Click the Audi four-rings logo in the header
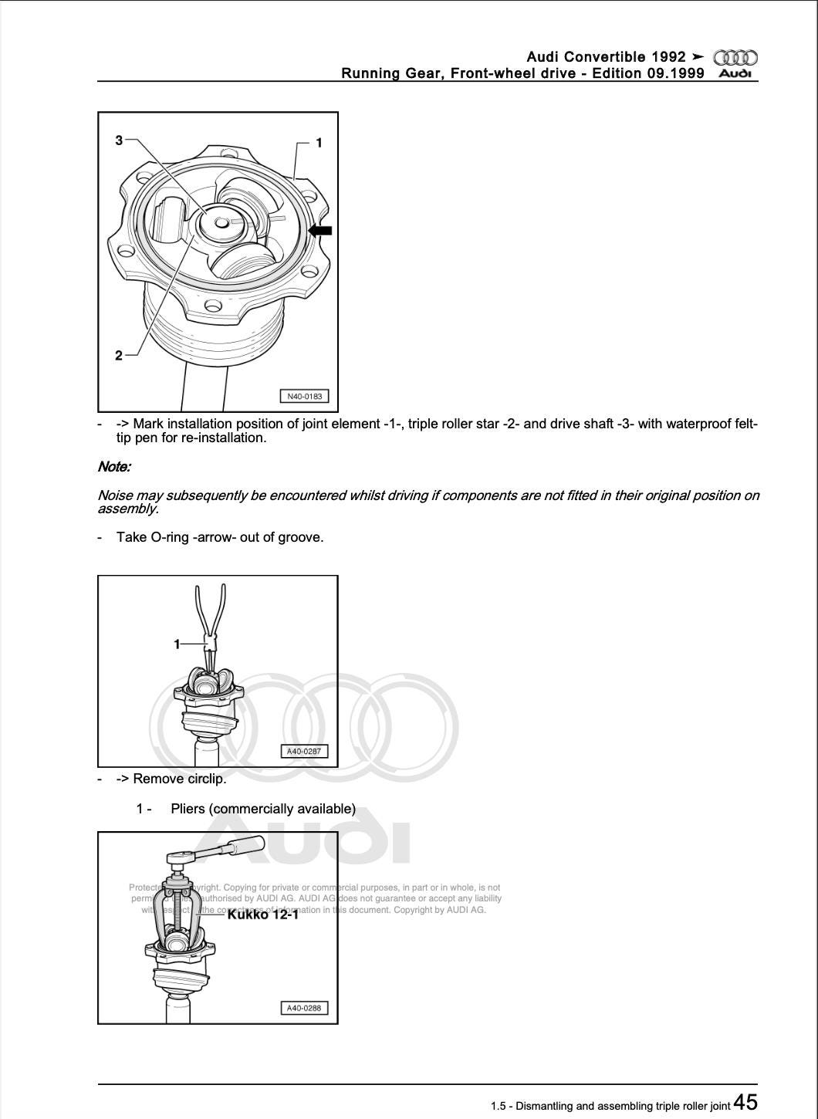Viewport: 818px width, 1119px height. click(x=735, y=58)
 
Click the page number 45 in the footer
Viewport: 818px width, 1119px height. click(x=745, y=1101)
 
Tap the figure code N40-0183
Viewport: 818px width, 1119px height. click(x=303, y=397)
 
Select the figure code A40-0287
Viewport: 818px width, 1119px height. click(x=303, y=751)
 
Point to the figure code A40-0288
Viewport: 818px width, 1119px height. click(x=303, y=1008)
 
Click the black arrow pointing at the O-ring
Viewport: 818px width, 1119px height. click(x=319, y=230)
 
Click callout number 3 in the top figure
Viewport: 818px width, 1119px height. click(x=119, y=140)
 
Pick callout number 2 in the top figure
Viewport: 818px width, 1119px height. click(x=119, y=355)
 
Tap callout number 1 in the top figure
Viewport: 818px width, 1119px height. click(x=319, y=143)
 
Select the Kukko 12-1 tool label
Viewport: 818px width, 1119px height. click(x=262, y=914)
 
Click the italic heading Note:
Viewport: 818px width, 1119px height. click(x=114, y=467)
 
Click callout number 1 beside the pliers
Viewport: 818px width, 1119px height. click(x=177, y=643)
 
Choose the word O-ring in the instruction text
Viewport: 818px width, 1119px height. click(x=169, y=537)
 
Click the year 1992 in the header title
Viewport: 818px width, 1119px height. click(x=668, y=57)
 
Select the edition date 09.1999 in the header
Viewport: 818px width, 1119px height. click(x=676, y=73)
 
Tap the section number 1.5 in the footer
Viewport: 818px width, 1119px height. click(x=499, y=1106)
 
